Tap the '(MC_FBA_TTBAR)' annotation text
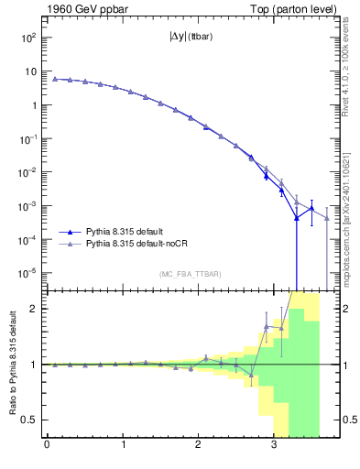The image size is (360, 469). pos(190,274)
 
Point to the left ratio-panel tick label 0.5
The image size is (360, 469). pos(31,420)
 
